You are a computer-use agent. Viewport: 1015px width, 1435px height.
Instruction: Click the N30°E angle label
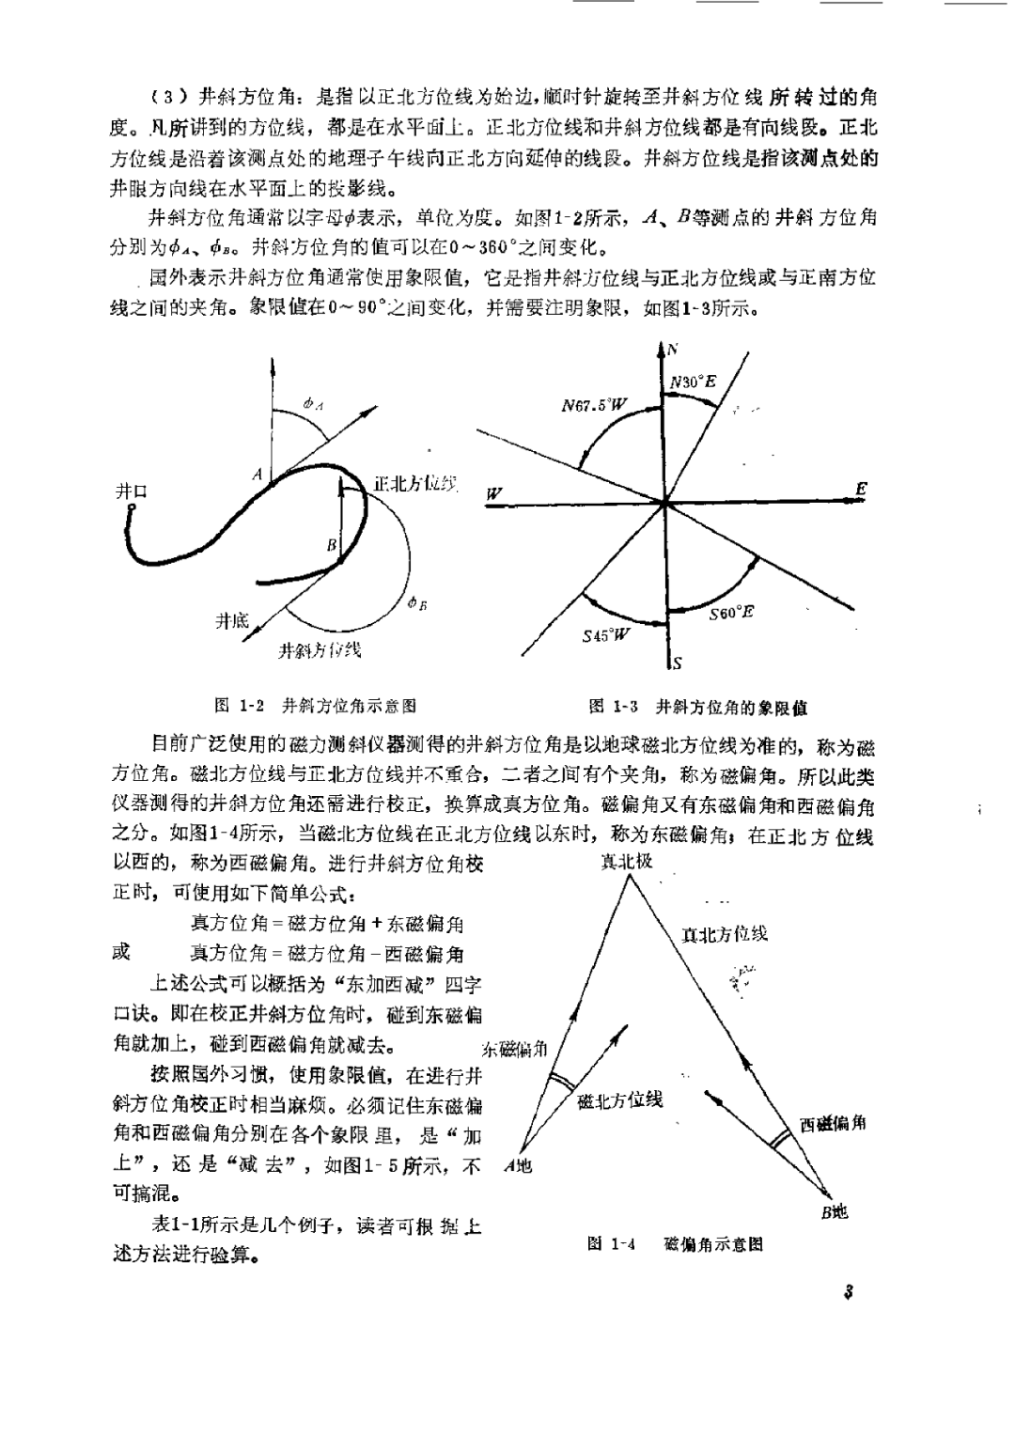point(694,382)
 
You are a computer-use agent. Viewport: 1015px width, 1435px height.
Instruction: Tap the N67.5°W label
point(595,405)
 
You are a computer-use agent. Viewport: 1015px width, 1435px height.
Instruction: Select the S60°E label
point(732,613)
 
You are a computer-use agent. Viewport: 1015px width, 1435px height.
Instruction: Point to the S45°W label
point(607,634)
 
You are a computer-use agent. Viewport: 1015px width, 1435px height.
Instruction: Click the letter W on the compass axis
point(494,494)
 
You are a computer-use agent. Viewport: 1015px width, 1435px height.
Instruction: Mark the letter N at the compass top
point(673,349)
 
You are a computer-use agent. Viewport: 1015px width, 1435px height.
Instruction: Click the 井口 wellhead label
point(131,491)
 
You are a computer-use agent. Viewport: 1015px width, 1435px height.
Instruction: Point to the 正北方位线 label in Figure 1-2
point(414,483)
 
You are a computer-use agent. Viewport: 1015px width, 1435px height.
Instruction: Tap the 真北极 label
point(627,861)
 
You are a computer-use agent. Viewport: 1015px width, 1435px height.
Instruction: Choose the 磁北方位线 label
point(620,1100)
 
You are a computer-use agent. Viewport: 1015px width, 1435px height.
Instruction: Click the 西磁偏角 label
point(833,1123)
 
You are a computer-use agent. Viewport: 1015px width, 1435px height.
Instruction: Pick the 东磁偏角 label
point(514,1049)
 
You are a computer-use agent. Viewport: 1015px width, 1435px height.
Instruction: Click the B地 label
point(833,1212)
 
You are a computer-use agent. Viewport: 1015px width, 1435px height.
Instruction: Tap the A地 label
point(518,1166)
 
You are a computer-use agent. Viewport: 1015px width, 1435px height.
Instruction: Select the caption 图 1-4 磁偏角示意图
point(675,1244)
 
